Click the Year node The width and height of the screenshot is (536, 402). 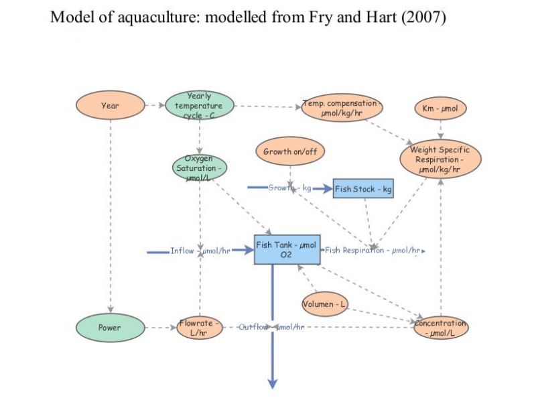point(110,106)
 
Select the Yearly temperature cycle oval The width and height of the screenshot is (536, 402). point(199,106)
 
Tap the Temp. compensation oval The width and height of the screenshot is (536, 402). point(342,108)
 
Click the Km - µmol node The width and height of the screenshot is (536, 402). point(440,108)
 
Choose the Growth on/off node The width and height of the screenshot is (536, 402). point(289,151)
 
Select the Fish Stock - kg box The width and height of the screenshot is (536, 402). point(363,189)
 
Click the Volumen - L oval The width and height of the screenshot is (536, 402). point(325,304)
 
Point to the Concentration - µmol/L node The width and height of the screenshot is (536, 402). point(440,328)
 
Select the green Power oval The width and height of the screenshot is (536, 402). point(110,328)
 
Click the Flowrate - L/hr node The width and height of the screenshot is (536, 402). point(199,328)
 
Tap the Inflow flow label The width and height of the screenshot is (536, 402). point(200,251)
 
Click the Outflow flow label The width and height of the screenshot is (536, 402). point(271,327)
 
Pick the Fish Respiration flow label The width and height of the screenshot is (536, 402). point(373,251)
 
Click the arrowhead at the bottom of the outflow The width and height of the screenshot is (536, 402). point(273,383)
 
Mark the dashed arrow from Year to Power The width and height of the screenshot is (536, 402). point(110,214)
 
